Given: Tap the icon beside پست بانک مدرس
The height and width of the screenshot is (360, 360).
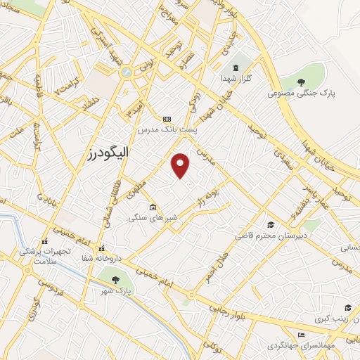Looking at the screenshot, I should pos(167,119).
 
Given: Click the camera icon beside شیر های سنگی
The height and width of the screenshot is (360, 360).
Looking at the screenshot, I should pos(153,207).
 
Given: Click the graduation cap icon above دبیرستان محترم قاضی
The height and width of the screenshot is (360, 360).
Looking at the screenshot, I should pos(270,225).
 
